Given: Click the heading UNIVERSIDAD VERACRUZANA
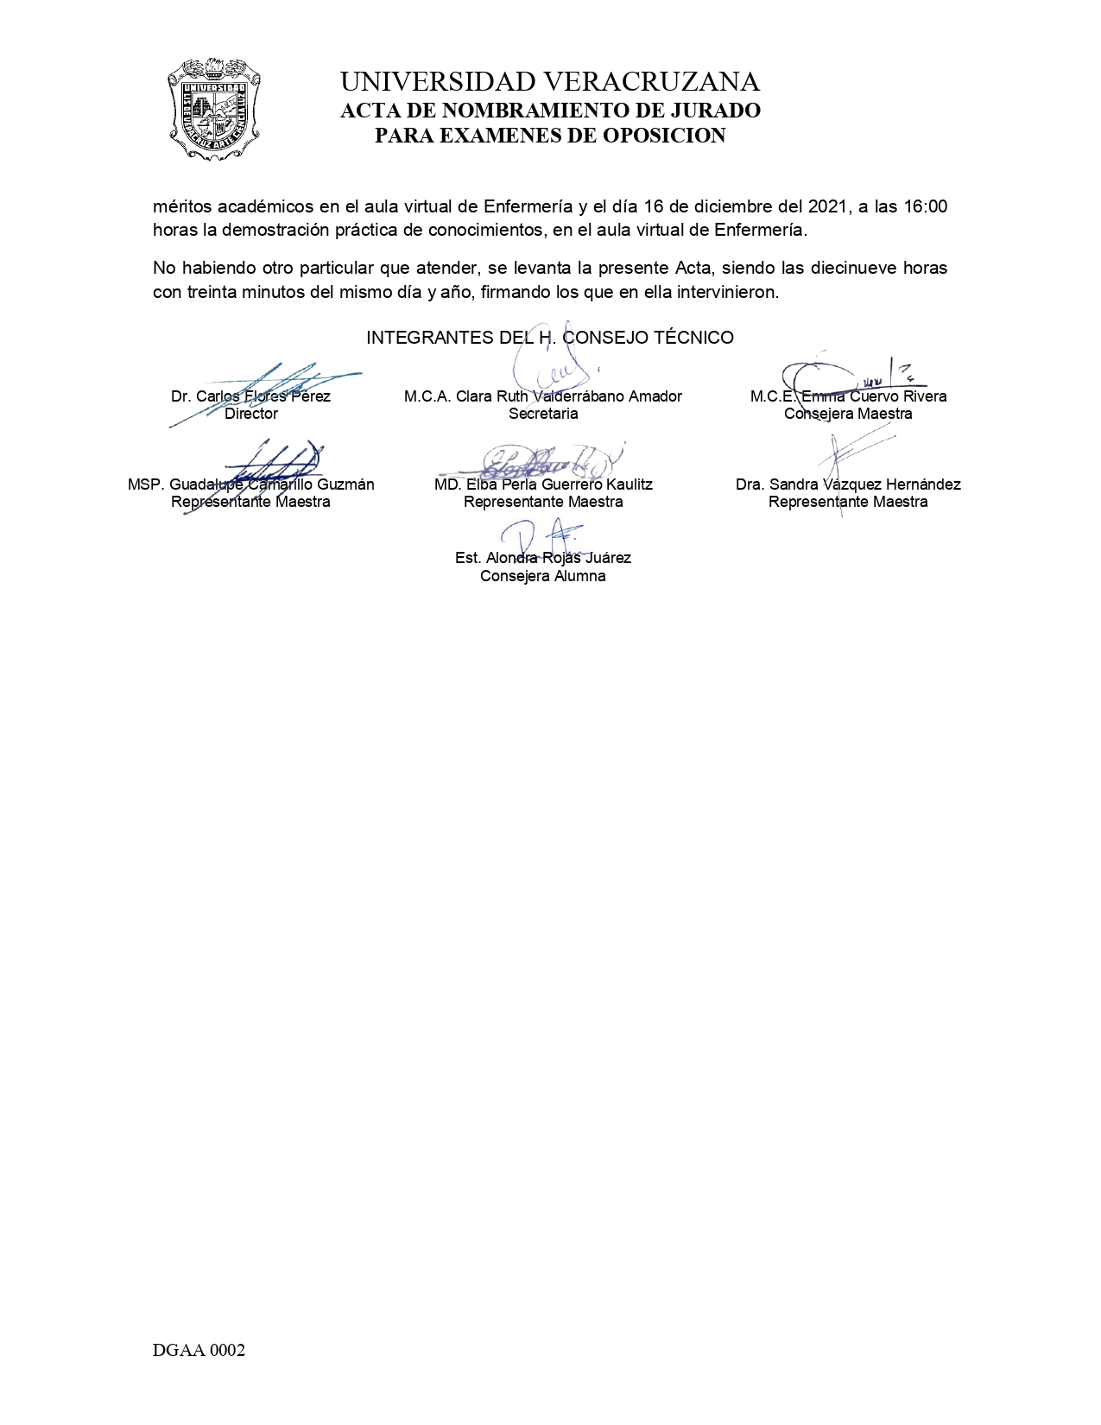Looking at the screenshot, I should point(550,82).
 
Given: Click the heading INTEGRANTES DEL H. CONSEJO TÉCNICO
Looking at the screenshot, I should point(550,338).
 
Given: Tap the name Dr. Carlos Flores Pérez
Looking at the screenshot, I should point(250,396).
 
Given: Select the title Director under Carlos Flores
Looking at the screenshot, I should point(250,414).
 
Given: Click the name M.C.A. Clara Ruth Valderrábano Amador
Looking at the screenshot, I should point(542,396).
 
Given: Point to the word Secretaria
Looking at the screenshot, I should point(542,414).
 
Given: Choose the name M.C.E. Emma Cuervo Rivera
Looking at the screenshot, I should point(848,396).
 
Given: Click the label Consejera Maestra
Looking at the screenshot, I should point(848,414).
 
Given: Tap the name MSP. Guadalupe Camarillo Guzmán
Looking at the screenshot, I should point(250,484).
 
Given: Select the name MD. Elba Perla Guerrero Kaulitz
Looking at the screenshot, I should point(542,484).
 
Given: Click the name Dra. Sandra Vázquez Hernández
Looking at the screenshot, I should point(848,484).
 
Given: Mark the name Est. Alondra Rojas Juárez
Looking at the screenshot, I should point(542,558).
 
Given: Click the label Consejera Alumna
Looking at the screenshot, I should point(542,576).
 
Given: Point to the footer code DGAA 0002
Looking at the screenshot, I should point(199,1351).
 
